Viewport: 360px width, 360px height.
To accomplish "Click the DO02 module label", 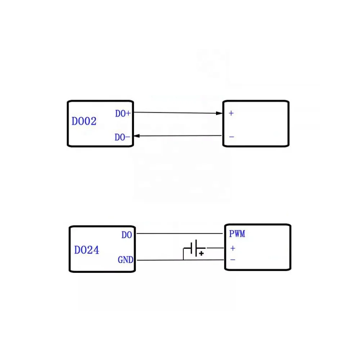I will click(84, 121).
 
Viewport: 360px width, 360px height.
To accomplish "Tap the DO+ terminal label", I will click(123, 113).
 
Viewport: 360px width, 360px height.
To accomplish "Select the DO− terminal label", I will click(122, 137).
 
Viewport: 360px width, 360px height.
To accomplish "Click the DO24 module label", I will click(86, 250).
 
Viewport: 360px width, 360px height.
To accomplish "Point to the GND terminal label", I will click(125, 260).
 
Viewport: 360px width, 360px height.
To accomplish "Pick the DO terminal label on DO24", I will click(127, 235).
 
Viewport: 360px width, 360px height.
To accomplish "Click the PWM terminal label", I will click(237, 234).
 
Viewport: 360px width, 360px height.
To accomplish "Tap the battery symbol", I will click(194, 248).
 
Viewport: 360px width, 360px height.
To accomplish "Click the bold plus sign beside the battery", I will click(202, 254).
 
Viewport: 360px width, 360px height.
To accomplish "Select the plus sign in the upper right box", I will click(231, 113).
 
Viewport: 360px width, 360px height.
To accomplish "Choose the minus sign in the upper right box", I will click(231, 137).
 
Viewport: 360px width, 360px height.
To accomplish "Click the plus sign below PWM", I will click(233, 248).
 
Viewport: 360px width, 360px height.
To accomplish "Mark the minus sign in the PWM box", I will click(233, 259).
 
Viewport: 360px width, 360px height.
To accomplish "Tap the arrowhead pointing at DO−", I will click(137, 136).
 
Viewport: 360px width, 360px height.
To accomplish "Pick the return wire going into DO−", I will click(180, 136).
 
